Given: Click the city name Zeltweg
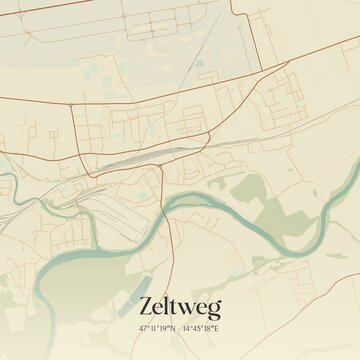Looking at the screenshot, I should pos(181,306).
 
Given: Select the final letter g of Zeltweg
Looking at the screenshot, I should pos(214,309).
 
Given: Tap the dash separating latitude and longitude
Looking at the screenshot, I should pos(180,327).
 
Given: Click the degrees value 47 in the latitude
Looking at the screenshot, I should pos(144,327).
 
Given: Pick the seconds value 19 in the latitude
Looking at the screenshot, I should pos(166,327).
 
